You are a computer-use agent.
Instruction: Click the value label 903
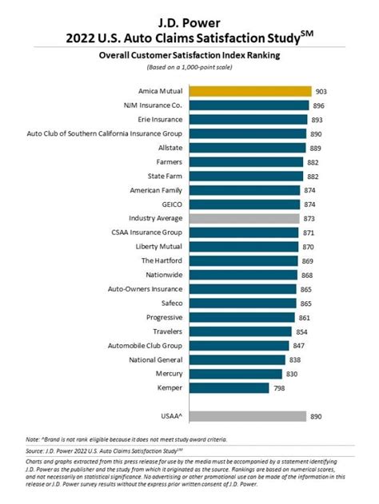[x=321, y=91]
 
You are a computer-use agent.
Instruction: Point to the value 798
[x=280, y=387]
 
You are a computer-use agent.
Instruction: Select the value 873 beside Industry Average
[x=309, y=218]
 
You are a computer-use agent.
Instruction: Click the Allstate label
[x=169, y=148]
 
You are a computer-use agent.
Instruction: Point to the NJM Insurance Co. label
[x=152, y=105]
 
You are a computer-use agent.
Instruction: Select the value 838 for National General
[x=296, y=359]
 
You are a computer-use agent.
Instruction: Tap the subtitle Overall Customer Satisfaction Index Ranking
[x=189, y=57]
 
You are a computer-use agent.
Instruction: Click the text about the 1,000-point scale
[x=189, y=69]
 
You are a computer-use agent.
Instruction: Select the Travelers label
[x=166, y=331]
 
